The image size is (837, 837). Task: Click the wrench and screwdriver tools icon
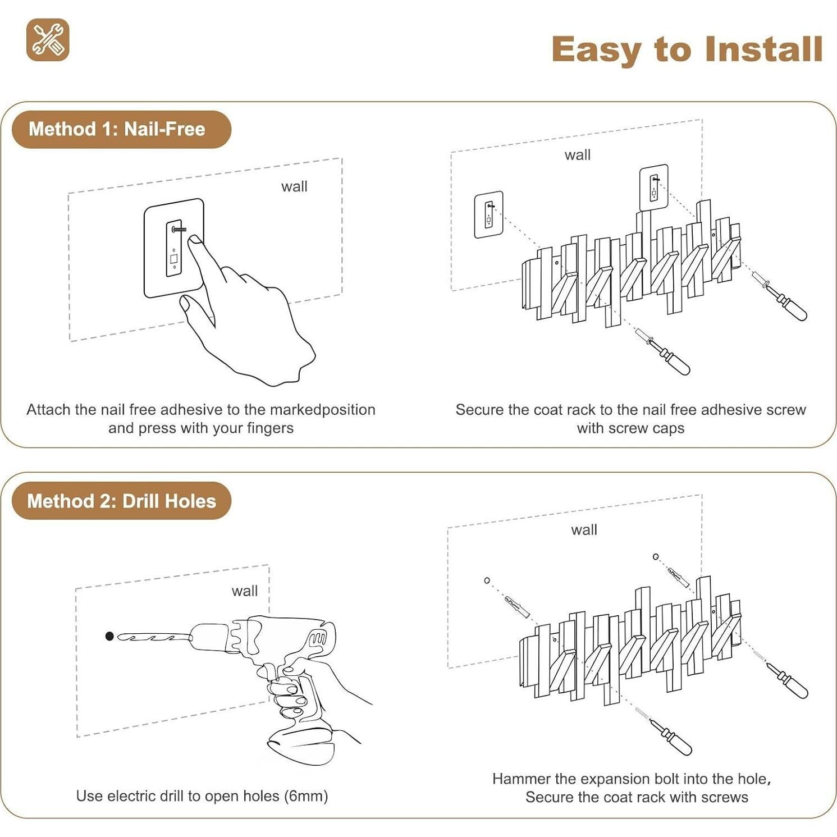(48, 40)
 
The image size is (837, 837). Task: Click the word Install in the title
(764, 49)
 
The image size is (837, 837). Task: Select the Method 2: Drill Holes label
(121, 501)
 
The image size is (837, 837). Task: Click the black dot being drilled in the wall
(109, 636)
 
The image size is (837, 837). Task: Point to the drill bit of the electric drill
(153, 637)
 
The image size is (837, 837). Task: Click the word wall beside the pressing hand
(294, 186)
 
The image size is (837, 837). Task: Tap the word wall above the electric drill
(245, 591)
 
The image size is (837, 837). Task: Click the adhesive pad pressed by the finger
(174, 248)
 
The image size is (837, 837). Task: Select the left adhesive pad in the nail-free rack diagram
(488, 215)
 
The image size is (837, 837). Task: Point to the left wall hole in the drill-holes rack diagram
(487, 580)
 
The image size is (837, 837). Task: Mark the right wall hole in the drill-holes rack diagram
(656, 557)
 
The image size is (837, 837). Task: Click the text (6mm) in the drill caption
(306, 796)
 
